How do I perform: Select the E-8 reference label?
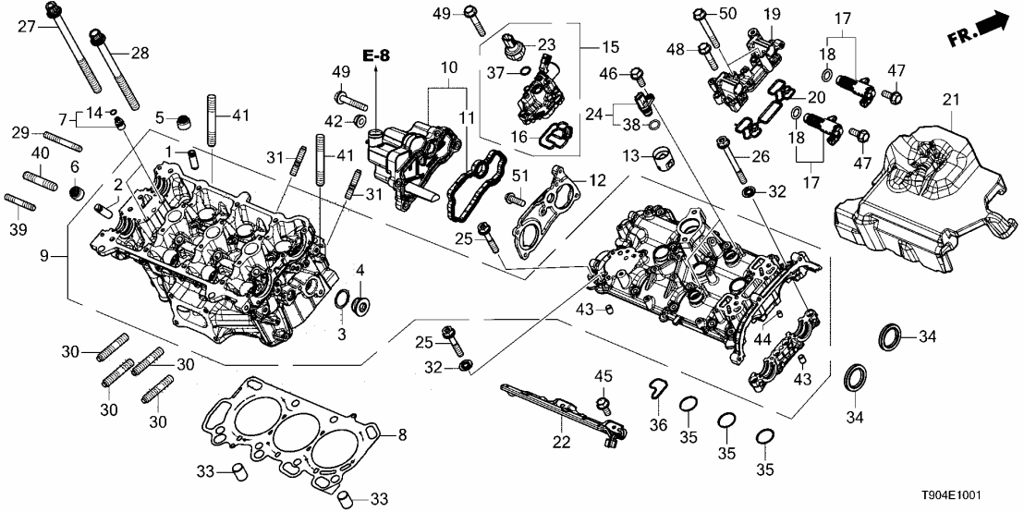377,56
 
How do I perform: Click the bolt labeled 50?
700,15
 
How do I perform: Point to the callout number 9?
56,255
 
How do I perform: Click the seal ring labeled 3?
341,303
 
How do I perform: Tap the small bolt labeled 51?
514,197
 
